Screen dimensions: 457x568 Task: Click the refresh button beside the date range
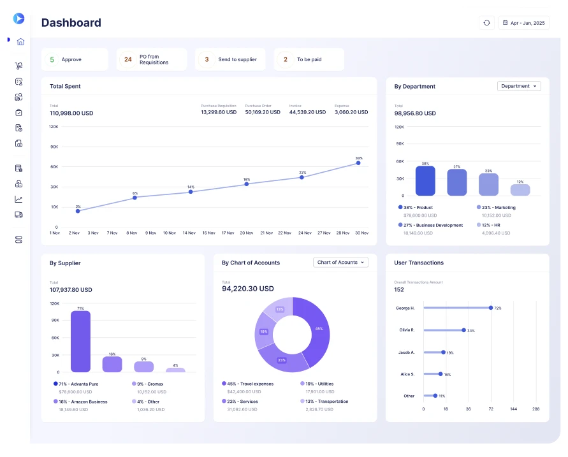coord(486,23)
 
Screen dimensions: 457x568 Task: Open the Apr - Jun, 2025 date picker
coord(523,23)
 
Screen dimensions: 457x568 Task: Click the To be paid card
coord(309,59)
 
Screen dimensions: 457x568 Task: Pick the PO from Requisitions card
coord(152,59)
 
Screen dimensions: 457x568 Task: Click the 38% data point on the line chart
coord(358,163)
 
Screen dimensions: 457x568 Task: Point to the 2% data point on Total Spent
coord(78,211)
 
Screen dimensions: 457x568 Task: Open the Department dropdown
coord(518,86)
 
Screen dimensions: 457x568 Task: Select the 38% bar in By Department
coord(425,181)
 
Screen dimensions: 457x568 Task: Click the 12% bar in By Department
coord(520,190)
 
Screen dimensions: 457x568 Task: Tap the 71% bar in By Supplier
coord(80,341)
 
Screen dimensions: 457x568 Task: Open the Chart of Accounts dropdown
coord(341,263)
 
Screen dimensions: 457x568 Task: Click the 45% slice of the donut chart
coord(317,330)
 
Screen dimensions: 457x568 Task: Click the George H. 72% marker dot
coord(490,308)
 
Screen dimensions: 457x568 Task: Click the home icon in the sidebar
coord(20,42)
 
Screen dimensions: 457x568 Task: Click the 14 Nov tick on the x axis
coord(189,233)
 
